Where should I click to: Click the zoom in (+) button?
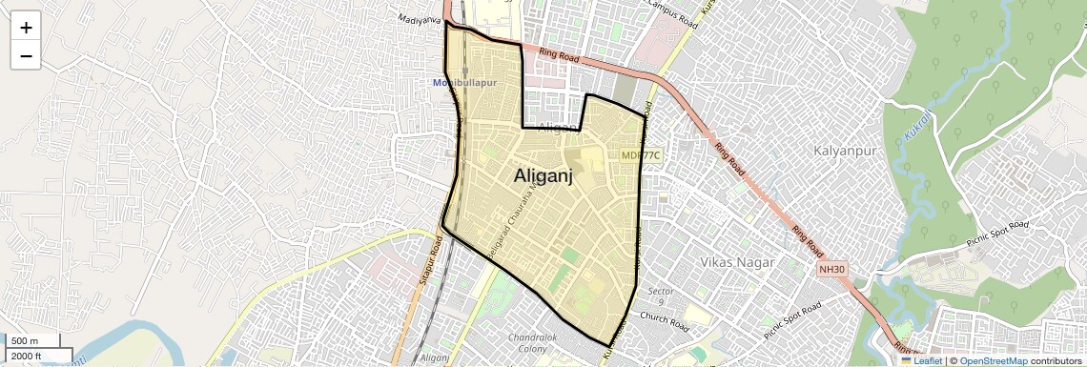tap(26, 28)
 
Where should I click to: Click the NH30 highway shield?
tap(831, 270)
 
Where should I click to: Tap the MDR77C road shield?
tap(640, 154)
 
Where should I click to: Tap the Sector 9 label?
tap(661, 296)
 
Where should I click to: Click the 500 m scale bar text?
tap(25, 341)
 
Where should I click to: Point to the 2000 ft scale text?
tap(27, 356)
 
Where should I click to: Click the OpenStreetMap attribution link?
tap(993, 360)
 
